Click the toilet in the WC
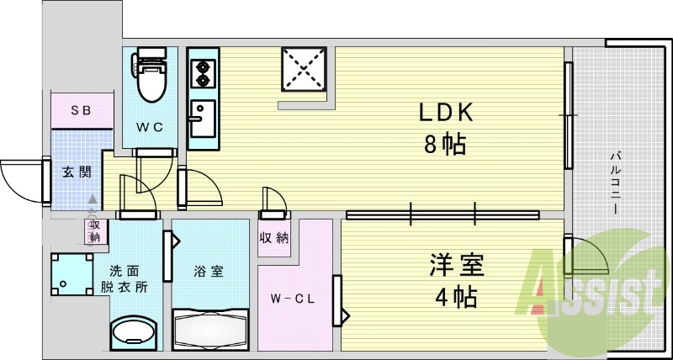coord(153,77)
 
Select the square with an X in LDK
coord(306,71)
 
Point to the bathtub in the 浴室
coord(210,329)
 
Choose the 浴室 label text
coord(209,272)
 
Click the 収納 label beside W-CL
coord(274,237)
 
